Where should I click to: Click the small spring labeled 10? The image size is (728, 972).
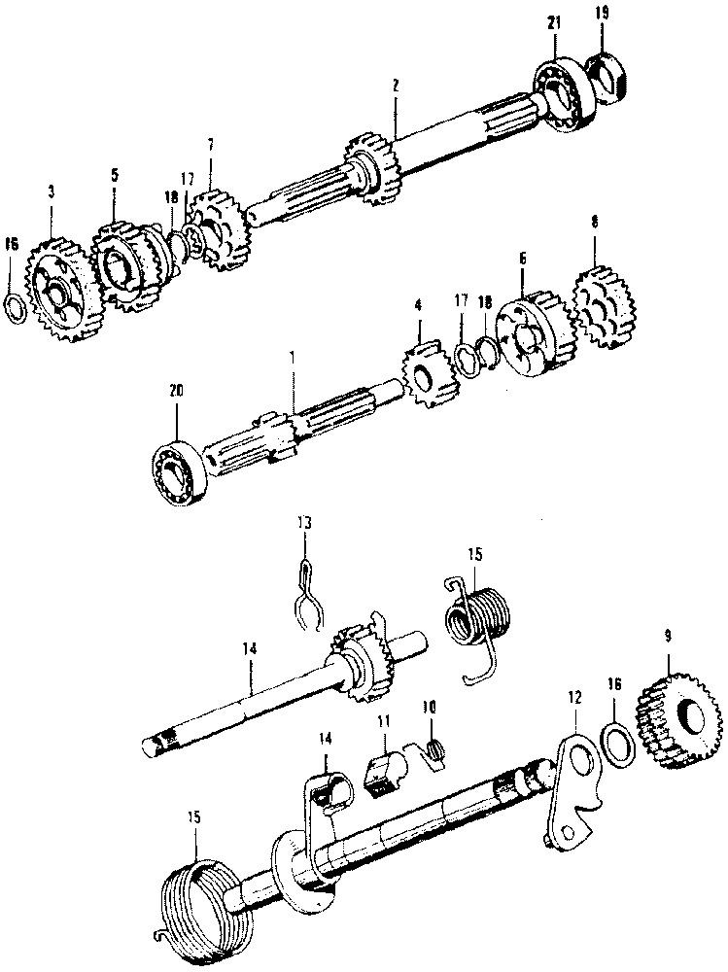(x=434, y=749)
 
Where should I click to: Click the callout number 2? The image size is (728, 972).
(x=396, y=87)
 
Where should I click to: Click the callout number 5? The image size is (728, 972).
(x=114, y=175)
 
